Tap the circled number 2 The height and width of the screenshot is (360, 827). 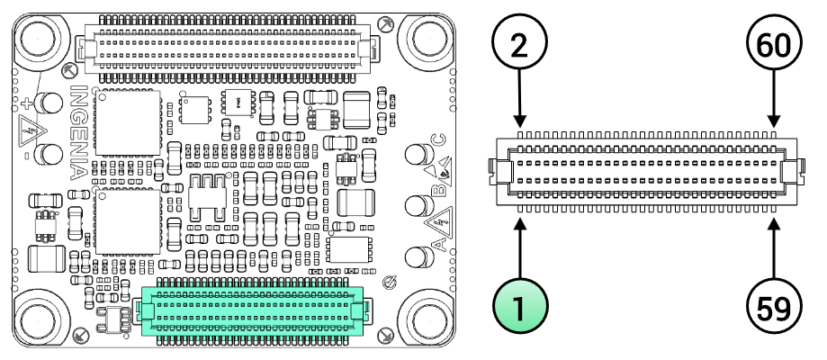[x=519, y=47]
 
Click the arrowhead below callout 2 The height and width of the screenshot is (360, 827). [x=519, y=121]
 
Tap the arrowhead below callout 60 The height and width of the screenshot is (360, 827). [x=774, y=121]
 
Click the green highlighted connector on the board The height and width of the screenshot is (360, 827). [x=253, y=311]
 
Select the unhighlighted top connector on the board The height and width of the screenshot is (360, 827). [x=225, y=45]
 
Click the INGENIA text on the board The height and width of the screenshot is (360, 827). [x=79, y=132]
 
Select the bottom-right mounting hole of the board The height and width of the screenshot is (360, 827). [x=428, y=319]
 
